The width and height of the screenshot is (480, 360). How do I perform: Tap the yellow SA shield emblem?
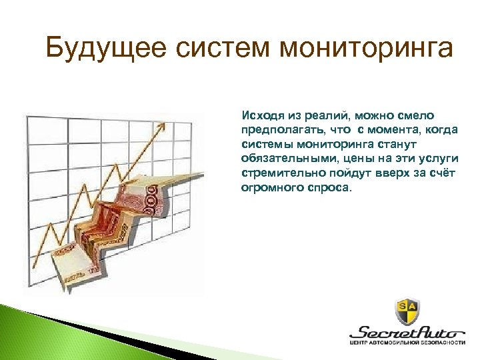point(409,310)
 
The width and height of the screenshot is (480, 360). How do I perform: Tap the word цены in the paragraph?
point(360,159)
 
